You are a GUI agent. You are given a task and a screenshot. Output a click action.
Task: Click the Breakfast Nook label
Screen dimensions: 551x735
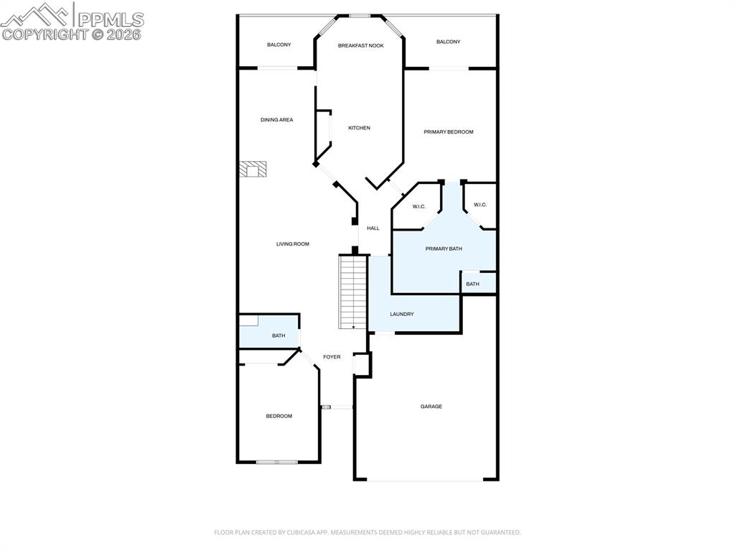(x=361, y=45)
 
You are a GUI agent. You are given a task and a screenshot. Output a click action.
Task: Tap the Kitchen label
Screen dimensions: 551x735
(x=359, y=128)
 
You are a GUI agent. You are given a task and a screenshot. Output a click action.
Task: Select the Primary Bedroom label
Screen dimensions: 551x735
(x=448, y=131)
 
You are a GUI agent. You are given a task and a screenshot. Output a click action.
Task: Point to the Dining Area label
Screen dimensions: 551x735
(x=276, y=120)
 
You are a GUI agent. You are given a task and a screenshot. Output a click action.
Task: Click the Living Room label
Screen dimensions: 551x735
(x=292, y=244)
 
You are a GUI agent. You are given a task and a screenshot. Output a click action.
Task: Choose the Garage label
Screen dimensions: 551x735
(x=431, y=407)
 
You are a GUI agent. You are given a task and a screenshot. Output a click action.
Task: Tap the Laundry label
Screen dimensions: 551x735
(x=401, y=314)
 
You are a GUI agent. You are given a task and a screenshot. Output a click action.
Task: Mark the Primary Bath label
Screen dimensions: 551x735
(x=444, y=249)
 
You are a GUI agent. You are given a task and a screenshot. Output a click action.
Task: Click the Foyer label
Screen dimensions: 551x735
(x=332, y=357)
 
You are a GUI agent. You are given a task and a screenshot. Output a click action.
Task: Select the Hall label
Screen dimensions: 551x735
(x=373, y=228)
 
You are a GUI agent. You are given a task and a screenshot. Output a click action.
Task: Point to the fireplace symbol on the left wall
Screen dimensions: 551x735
(x=253, y=169)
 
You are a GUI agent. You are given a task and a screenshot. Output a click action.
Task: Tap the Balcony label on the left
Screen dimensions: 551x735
(x=278, y=45)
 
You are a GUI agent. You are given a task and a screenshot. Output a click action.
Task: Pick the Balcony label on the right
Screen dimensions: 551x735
(x=448, y=42)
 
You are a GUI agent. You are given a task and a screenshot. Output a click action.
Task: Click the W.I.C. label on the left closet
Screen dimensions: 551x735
(x=419, y=207)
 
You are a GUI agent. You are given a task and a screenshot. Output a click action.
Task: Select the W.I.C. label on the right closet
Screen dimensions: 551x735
(x=480, y=205)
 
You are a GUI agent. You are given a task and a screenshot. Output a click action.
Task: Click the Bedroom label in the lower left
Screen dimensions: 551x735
(x=278, y=416)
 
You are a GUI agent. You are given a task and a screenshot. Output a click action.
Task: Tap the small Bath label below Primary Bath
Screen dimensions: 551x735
(x=472, y=284)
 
